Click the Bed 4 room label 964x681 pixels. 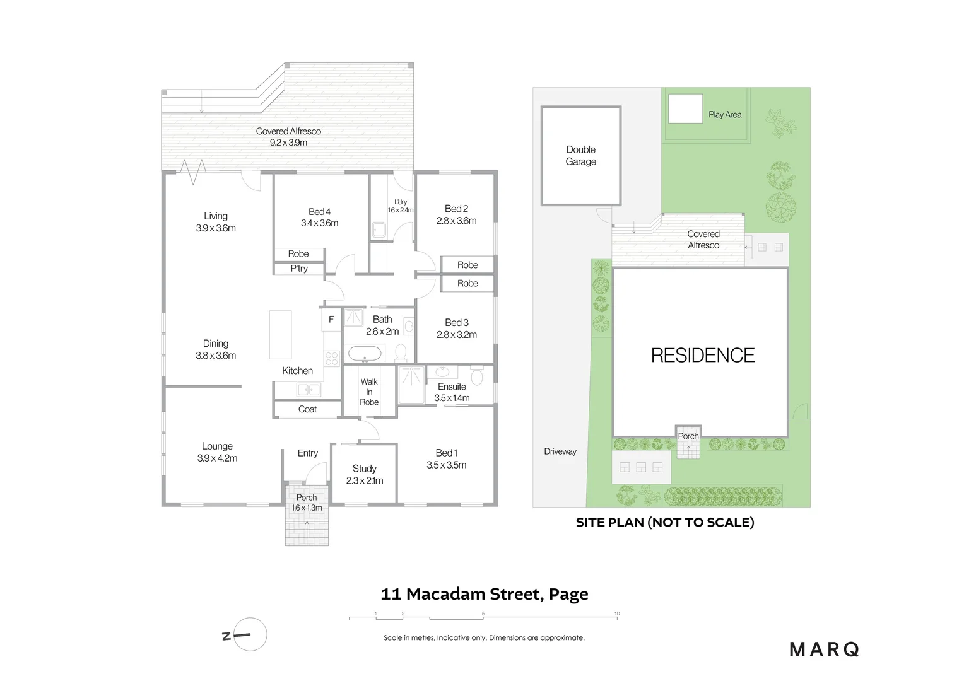point(319,218)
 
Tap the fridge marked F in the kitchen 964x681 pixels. point(331,320)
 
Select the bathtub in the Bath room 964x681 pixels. point(365,354)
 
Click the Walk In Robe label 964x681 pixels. point(369,392)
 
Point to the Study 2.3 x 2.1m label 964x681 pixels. point(365,475)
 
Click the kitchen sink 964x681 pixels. point(309,390)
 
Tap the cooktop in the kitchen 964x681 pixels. point(332,359)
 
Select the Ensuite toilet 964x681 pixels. point(476,376)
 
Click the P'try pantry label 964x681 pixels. point(299,269)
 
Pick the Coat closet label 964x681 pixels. point(307,409)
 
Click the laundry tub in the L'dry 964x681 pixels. point(379,230)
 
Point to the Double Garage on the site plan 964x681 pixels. point(581,156)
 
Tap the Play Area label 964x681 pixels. point(725,114)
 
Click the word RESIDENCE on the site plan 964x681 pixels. point(703,356)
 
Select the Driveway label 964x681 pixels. point(560,451)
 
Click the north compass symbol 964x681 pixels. point(244,634)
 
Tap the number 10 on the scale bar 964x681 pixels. point(617,614)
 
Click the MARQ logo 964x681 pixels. point(824,649)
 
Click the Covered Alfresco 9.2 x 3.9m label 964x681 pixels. point(288,137)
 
